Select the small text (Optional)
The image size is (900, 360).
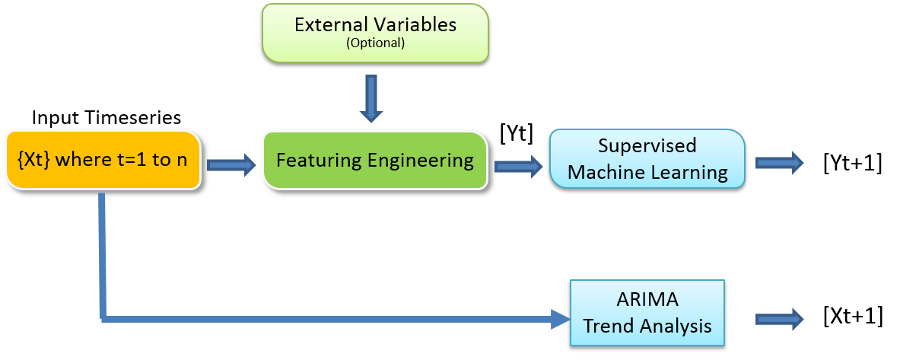click(x=375, y=43)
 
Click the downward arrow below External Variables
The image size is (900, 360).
click(x=371, y=99)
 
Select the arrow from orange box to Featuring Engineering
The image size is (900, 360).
click(x=231, y=164)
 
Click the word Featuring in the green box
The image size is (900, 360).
click(x=319, y=161)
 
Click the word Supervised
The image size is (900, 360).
click(x=647, y=146)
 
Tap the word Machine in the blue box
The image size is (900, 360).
click(x=606, y=172)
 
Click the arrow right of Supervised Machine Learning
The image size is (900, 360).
click(x=779, y=162)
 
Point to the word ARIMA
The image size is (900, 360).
click(x=647, y=299)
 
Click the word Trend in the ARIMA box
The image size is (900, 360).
click(x=609, y=326)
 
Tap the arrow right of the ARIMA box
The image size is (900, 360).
click(x=779, y=319)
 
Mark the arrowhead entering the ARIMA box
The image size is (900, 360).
click(x=561, y=319)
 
